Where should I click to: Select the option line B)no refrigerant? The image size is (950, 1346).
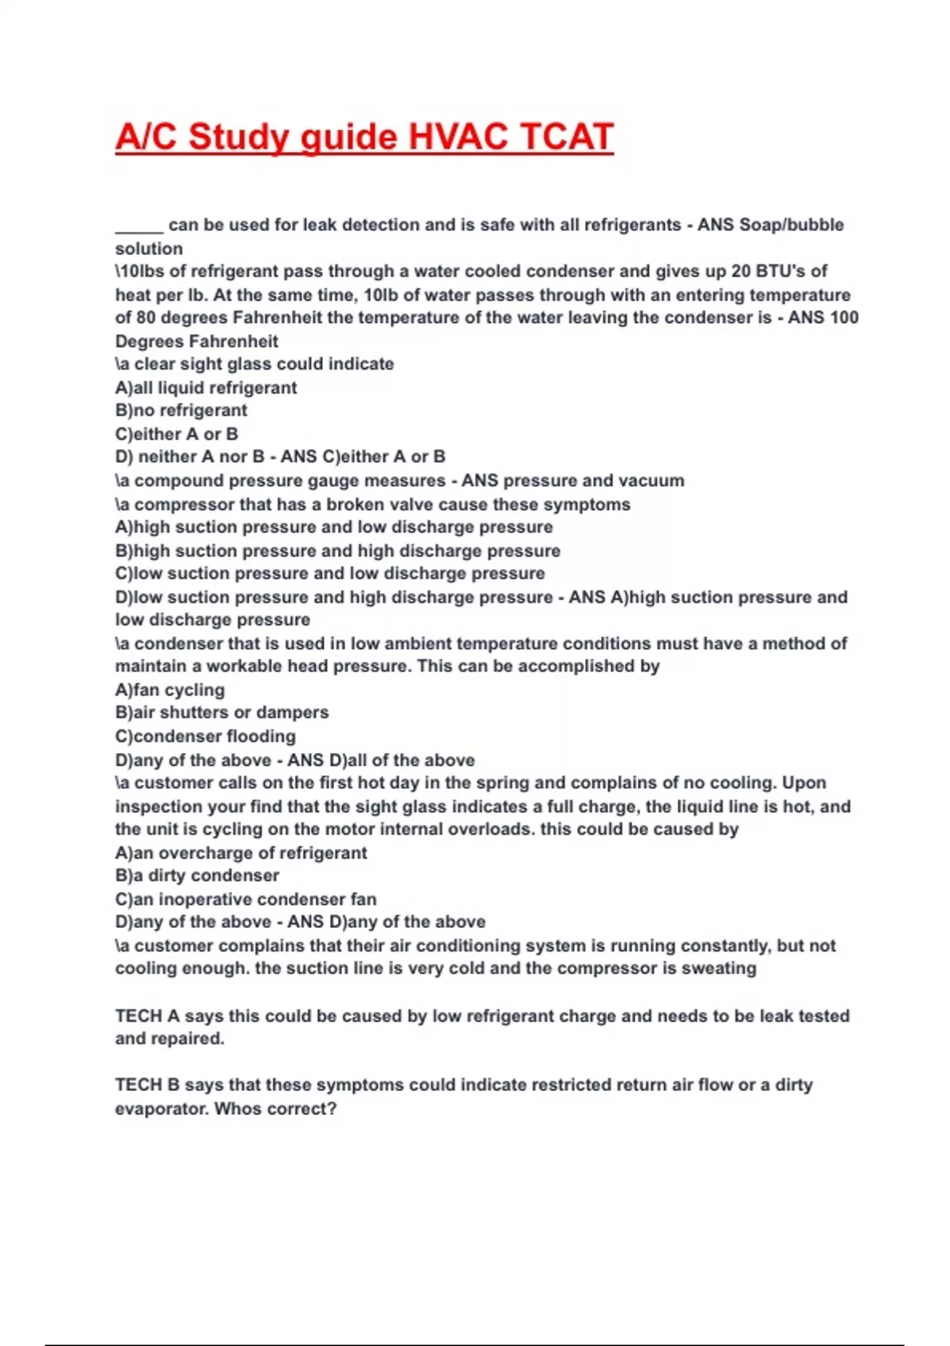[x=181, y=410]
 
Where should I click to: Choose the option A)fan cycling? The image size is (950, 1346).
[x=170, y=690]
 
